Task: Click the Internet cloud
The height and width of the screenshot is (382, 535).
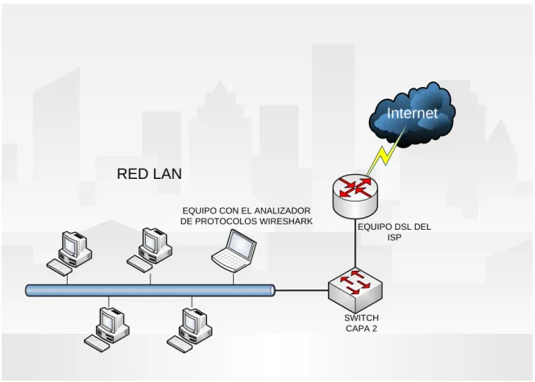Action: pos(413,114)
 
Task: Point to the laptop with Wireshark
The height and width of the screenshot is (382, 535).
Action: pos(234,250)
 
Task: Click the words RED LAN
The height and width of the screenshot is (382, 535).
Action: pos(149,174)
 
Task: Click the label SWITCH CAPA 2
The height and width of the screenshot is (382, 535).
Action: pos(361,323)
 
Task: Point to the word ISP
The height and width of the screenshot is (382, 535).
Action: pos(394,237)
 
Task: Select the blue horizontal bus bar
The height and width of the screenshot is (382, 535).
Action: pos(151,290)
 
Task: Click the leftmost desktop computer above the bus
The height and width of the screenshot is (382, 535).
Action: pos(69,253)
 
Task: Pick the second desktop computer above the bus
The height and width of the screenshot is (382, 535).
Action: pos(149,250)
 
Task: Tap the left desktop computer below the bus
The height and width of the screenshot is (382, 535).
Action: pos(106,329)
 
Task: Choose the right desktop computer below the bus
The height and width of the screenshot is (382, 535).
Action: pos(189,330)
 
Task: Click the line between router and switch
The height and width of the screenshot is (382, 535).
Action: pos(355,243)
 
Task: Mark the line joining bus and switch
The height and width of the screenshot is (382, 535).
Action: pos(301,290)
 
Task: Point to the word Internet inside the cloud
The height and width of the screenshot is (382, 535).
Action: pos(413,113)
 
